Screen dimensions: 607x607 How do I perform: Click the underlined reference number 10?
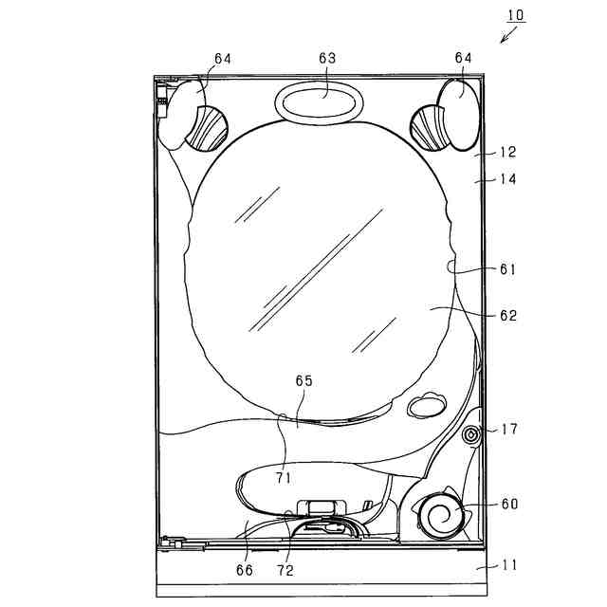point(516,15)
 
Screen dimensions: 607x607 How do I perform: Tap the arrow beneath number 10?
point(508,34)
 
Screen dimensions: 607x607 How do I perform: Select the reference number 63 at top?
point(327,58)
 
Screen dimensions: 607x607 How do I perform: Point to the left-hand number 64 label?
point(223,59)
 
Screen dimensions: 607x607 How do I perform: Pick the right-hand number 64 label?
point(464,58)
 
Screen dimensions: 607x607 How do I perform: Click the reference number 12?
point(508,152)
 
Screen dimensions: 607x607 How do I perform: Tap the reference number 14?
point(508,179)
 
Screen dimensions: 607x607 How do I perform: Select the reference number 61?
point(508,269)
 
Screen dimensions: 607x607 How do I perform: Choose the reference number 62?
point(508,316)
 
